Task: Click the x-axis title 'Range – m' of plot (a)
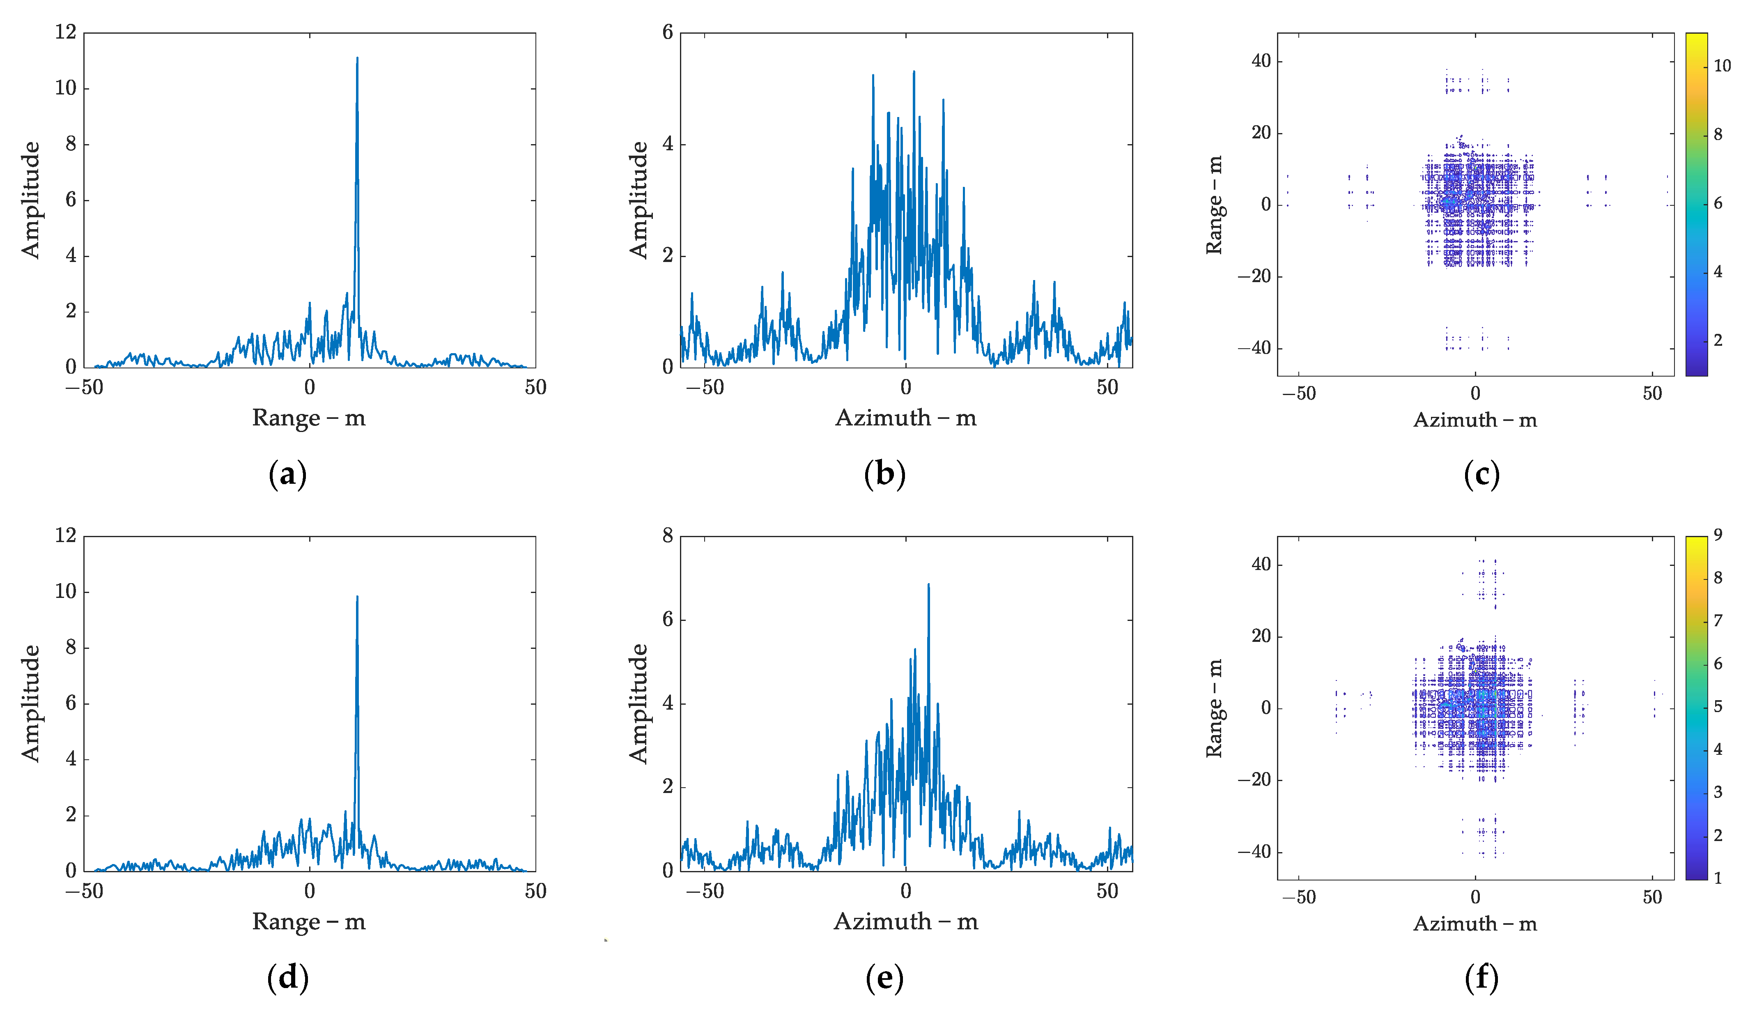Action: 309,418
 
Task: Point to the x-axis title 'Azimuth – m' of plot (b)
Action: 906,418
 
